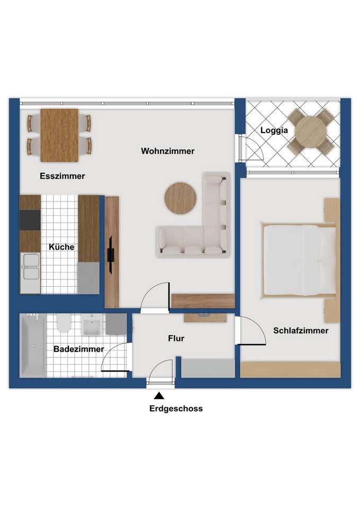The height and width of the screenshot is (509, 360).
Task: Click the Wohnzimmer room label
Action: [x=168, y=151]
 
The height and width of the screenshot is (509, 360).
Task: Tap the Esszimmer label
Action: [x=63, y=176]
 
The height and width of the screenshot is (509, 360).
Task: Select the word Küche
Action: [x=62, y=247]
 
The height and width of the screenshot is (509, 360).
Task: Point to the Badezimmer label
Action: [x=78, y=349]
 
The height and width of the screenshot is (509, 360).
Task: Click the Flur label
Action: [x=176, y=338]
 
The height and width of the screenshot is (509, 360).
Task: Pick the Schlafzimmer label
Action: [x=301, y=330]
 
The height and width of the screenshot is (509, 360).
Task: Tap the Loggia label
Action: [x=274, y=130]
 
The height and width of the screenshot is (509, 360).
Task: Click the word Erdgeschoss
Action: [x=176, y=408]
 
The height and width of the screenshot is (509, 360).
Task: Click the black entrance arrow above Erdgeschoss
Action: [x=159, y=396]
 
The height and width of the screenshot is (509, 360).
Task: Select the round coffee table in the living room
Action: [x=180, y=198]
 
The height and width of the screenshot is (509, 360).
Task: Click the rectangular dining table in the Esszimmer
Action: [x=59, y=135]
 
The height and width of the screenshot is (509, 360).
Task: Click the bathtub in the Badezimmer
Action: [x=33, y=346]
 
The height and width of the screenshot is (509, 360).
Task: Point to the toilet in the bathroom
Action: [x=64, y=323]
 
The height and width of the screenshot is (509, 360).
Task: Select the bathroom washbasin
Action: [x=92, y=324]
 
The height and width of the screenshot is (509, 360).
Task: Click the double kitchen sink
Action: [x=31, y=267]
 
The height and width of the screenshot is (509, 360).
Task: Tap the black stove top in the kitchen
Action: [x=30, y=220]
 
